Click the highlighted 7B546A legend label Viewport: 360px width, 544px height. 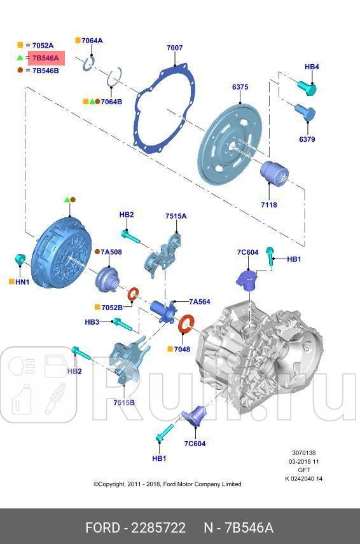click(45, 58)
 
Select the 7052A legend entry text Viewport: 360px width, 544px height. click(43, 45)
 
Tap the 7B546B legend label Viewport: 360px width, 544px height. click(45, 71)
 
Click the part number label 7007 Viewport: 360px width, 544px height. click(174, 48)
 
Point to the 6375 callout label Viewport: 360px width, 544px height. click(240, 87)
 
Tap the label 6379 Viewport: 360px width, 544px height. click(307, 139)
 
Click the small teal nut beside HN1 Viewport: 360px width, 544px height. click(20, 259)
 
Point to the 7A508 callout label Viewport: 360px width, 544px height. click(111, 252)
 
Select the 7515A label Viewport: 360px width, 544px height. click(176, 216)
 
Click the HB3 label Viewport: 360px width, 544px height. click(92, 322)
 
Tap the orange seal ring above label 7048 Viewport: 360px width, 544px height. click(186, 323)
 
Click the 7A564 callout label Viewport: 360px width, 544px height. click(199, 303)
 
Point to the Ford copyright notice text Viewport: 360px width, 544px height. click(167, 484)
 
